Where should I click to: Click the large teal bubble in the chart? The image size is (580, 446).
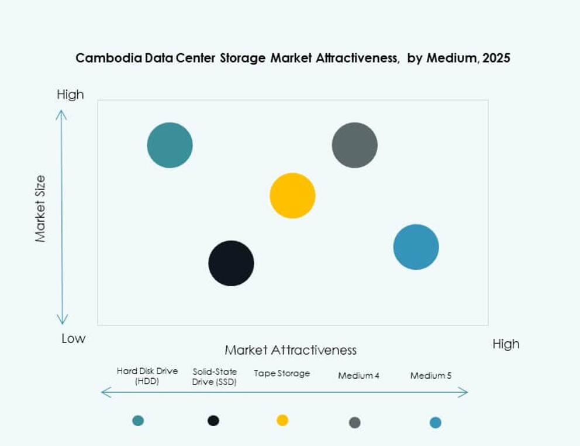[x=170, y=145]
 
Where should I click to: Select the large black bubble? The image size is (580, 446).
[x=231, y=263]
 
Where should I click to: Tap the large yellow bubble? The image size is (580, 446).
[x=292, y=195]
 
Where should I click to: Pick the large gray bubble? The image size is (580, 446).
[x=354, y=145]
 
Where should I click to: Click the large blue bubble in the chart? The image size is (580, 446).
[x=416, y=247]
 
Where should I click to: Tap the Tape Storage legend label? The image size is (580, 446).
[x=282, y=373]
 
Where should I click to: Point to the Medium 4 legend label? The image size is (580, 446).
[x=358, y=375]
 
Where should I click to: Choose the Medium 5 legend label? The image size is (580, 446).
[x=430, y=375]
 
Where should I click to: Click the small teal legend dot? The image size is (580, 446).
[x=138, y=420]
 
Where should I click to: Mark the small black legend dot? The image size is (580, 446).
[x=213, y=420]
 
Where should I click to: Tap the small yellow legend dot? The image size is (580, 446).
[x=282, y=420]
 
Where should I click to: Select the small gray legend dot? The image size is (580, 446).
[x=354, y=423]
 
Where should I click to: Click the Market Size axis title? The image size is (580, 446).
[x=40, y=208]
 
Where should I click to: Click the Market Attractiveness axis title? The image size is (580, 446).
[x=291, y=350]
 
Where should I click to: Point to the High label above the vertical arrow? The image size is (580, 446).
[x=70, y=95]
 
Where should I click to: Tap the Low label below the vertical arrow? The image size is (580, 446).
[x=73, y=338]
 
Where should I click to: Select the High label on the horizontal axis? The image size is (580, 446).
[x=506, y=344]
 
